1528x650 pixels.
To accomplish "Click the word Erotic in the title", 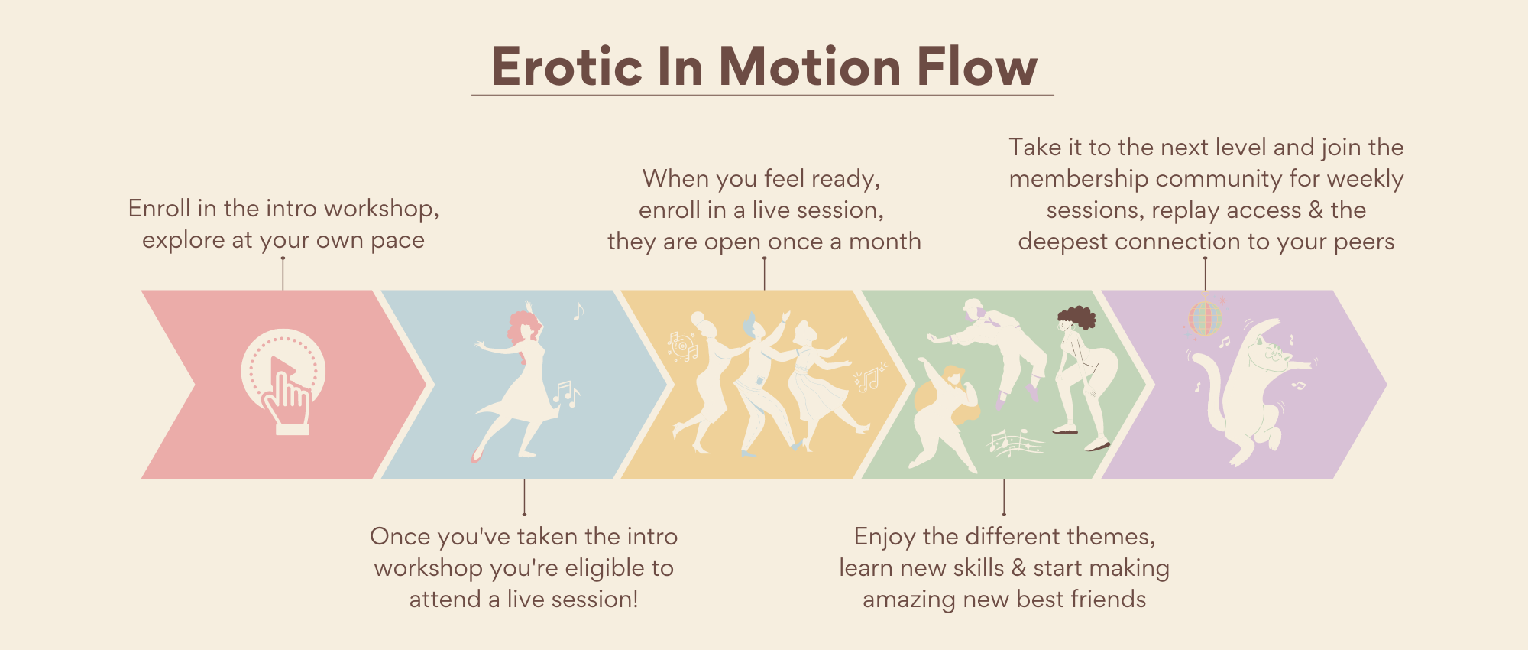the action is click(565, 66).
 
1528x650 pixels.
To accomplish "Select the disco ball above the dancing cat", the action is click(1205, 318).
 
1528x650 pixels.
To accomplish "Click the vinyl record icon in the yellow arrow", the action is click(681, 345).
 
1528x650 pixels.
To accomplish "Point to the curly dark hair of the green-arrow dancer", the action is click(1076, 317).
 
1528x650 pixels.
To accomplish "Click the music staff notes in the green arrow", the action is click(1015, 443).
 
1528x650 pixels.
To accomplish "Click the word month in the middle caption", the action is click(885, 242).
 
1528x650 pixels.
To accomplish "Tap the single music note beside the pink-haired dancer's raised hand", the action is click(578, 312).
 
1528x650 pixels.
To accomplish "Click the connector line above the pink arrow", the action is click(283, 273).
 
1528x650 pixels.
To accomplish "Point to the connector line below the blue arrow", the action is click(524, 498).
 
